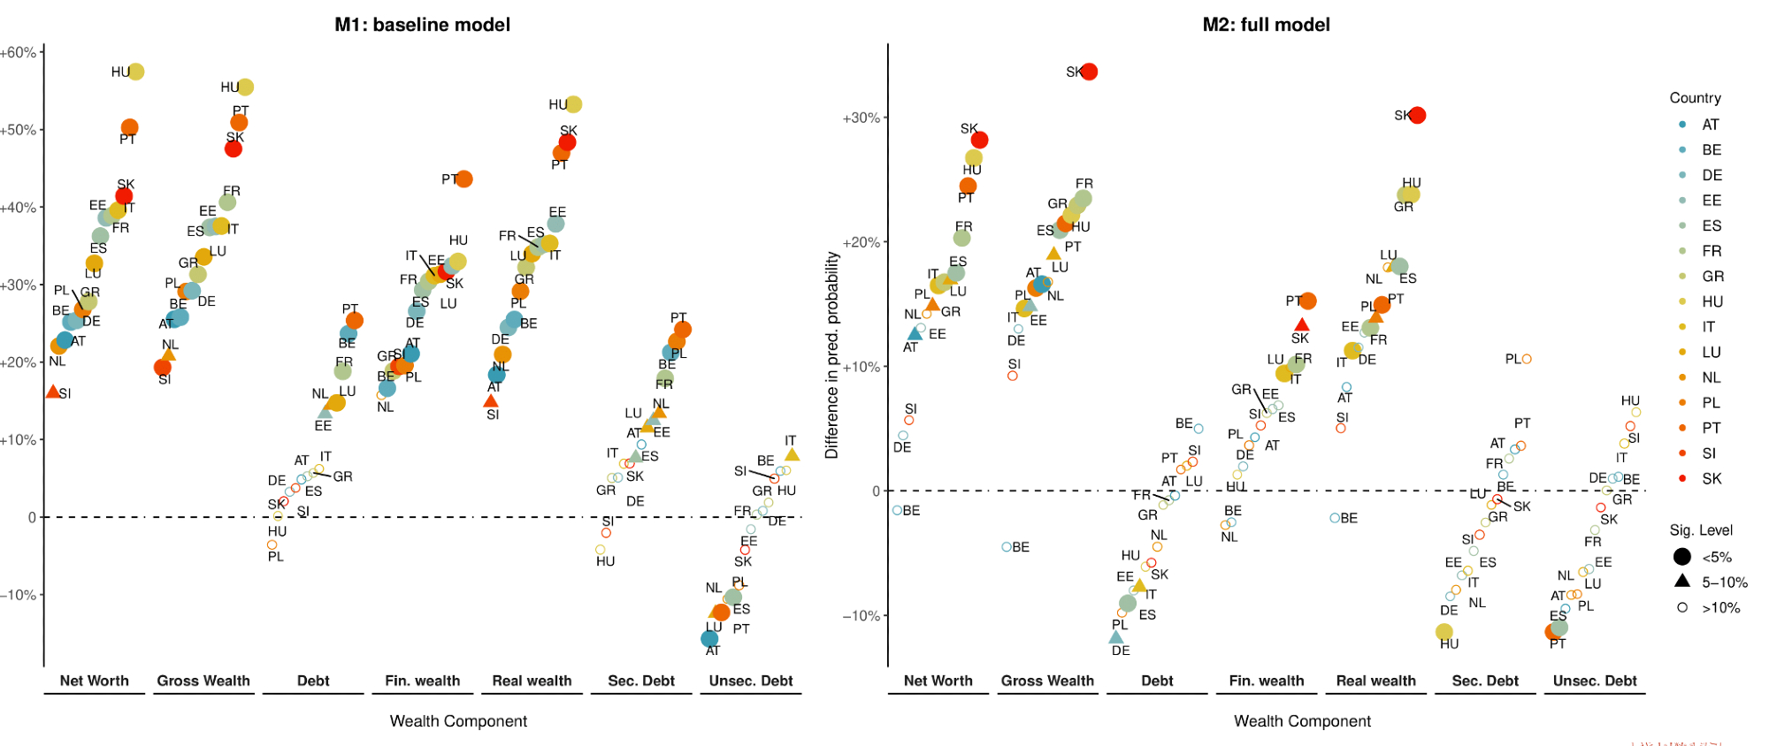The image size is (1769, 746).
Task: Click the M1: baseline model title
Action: click(x=422, y=25)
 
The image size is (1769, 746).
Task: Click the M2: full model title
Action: click(x=1266, y=25)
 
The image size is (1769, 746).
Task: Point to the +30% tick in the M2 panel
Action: click(x=861, y=118)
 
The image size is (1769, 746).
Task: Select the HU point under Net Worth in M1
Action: click(x=136, y=72)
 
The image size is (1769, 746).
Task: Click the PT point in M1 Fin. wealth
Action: click(x=463, y=179)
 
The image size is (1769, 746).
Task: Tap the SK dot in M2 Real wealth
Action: click(x=1417, y=115)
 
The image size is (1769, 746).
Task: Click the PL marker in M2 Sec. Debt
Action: click(x=1527, y=359)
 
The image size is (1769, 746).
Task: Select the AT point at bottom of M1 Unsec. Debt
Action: click(x=709, y=638)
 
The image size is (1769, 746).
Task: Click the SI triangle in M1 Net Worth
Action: click(x=52, y=392)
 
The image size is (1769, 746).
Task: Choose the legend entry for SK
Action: click(x=1712, y=478)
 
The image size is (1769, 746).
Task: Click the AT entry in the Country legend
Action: click(x=1710, y=125)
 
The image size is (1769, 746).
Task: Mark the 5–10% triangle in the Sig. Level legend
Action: click(x=1682, y=581)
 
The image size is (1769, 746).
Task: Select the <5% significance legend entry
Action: click(x=1682, y=557)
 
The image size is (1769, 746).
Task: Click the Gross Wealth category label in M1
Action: click(x=203, y=681)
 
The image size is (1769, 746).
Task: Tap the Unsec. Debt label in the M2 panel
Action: click(x=1595, y=681)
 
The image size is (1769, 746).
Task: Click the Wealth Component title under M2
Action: click(x=1302, y=721)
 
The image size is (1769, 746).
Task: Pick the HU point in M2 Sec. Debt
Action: click(x=1444, y=631)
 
